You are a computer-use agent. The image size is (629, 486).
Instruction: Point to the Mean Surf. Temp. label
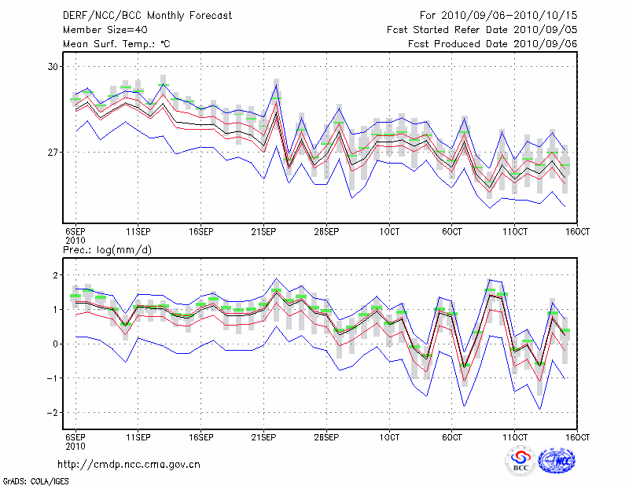coord(116,44)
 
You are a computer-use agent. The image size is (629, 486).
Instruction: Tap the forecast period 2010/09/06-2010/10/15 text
coord(499,15)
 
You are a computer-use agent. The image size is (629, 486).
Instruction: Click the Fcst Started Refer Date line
coord(483,29)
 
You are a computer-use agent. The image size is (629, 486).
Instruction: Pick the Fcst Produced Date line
coord(493,44)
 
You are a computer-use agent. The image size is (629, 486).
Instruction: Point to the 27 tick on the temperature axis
coord(53,152)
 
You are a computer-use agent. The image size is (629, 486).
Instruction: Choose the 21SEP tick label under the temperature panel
coord(263,232)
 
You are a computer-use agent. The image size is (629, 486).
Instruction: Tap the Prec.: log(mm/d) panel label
coord(108,250)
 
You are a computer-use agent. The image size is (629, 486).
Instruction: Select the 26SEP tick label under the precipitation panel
coord(326,437)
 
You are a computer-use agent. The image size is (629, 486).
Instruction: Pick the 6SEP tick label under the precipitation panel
coord(75,437)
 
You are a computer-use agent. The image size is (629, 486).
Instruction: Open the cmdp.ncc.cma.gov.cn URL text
coord(130,464)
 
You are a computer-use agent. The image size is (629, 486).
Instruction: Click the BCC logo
coord(520,462)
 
